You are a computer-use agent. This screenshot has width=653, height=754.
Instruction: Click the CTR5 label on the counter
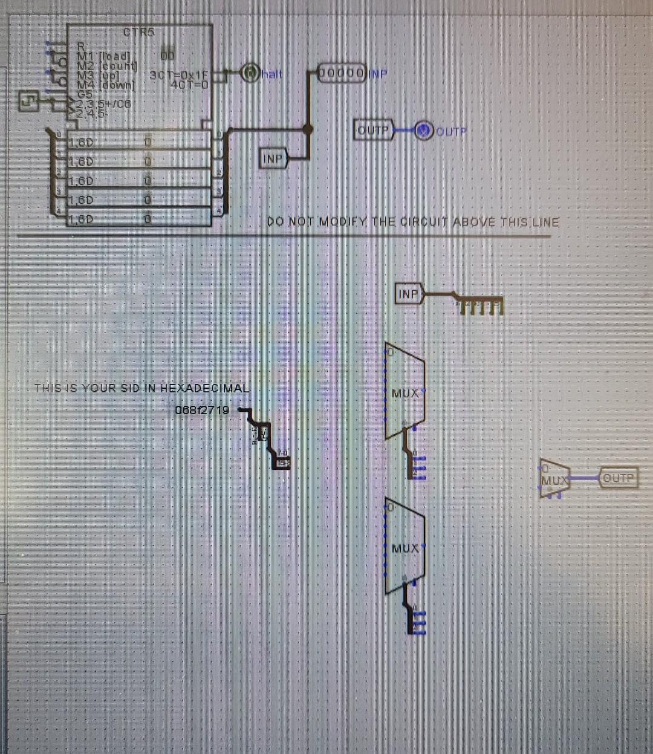tap(138, 32)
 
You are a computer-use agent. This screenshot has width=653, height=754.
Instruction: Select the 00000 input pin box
tap(342, 73)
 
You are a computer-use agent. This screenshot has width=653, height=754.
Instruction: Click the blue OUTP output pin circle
tap(424, 130)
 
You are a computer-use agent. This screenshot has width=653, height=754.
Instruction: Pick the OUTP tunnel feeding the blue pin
tap(374, 130)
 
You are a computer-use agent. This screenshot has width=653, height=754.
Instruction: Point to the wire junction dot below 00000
tap(308, 128)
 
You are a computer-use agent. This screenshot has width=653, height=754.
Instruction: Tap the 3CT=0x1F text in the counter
tap(178, 75)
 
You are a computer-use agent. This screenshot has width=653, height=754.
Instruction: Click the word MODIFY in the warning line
tap(342, 222)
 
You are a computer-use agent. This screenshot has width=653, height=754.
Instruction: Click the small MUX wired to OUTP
tap(553, 478)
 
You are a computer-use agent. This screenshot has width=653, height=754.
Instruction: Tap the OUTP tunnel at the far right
tap(618, 478)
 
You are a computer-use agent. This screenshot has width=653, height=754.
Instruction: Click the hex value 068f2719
tap(202, 410)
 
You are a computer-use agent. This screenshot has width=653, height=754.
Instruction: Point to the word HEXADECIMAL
tap(205, 388)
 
